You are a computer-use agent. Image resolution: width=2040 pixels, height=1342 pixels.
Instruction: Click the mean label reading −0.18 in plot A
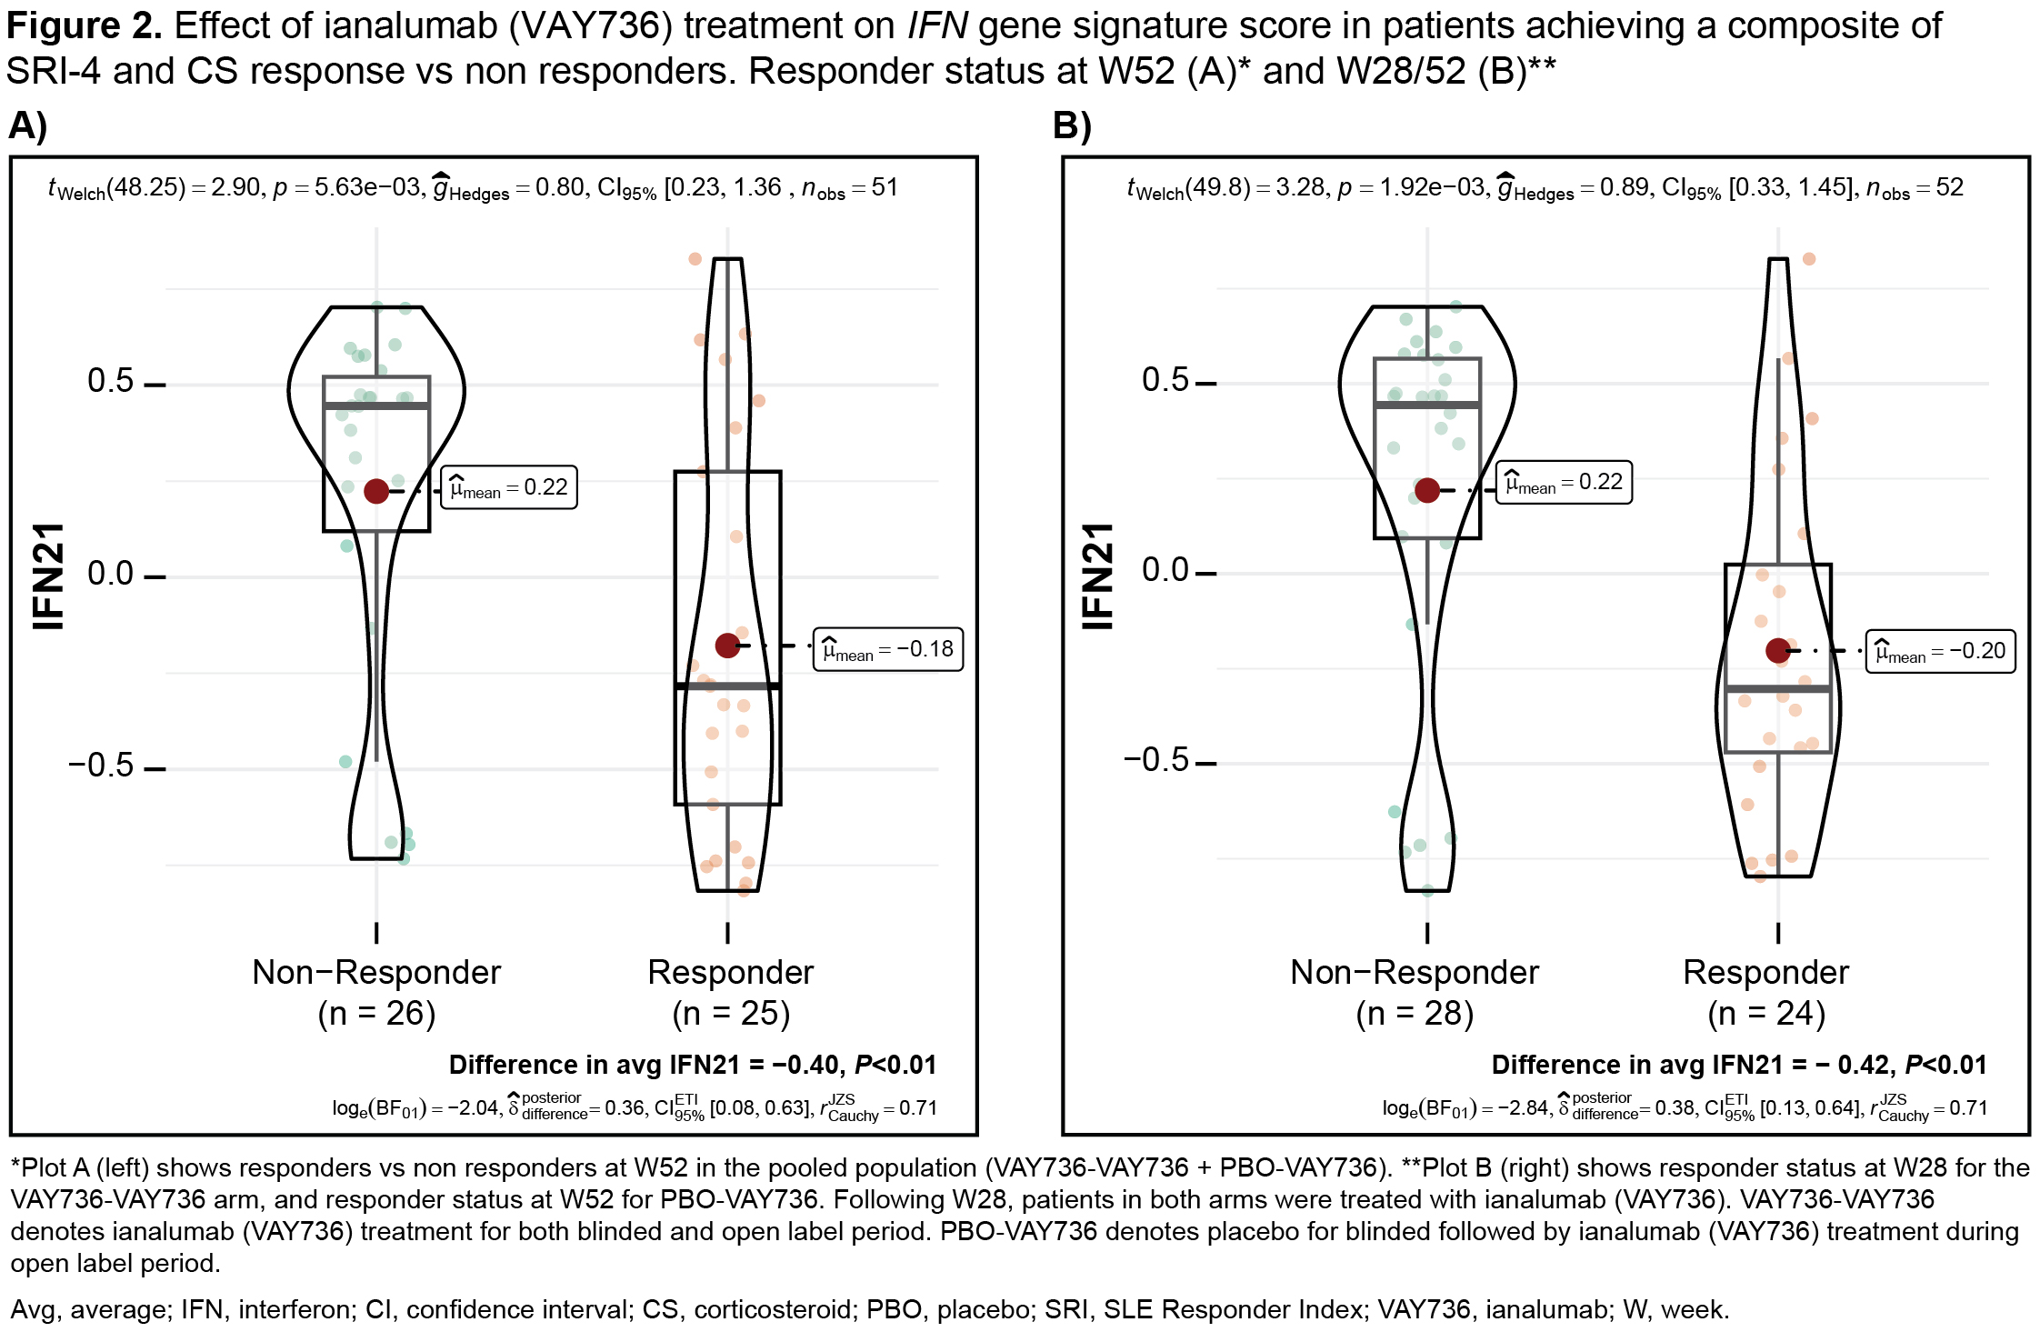point(887,649)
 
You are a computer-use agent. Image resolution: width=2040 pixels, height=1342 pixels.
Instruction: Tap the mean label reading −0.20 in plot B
point(1940,651)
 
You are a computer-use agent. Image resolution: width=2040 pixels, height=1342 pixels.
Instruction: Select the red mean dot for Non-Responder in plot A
point(376,491)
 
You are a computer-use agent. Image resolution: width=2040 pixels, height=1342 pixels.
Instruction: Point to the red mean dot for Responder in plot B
point(1778,650)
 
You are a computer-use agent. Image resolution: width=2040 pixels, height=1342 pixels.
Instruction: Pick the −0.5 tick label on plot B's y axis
point(1156,759)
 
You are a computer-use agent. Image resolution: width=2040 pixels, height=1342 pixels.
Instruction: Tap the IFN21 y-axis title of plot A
point(49,576)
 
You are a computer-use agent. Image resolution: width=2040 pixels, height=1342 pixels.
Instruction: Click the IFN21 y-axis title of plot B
point(1097,576)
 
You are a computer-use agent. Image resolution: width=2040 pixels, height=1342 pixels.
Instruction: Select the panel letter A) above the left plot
point(28,125)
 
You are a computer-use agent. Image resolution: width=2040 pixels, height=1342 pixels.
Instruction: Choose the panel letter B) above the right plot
point(1072,125)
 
